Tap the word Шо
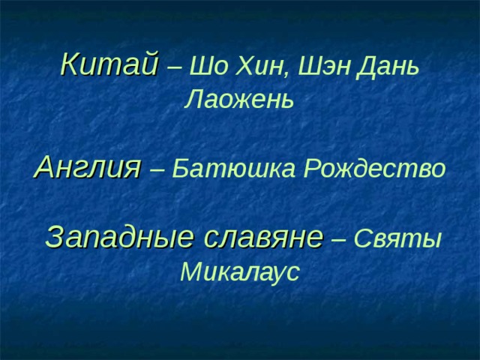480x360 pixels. click(204, 67)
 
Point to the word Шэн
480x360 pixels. click(317, 67)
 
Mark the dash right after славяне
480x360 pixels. click(338, 239)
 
